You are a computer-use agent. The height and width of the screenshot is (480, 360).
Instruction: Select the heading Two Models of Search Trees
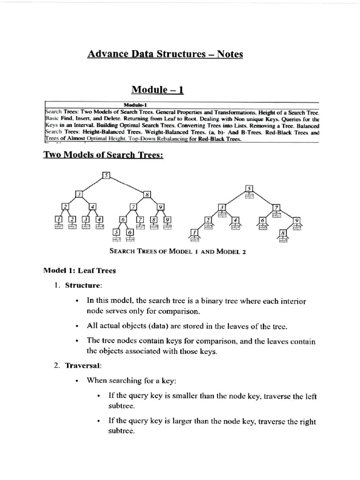pyautogui.click(x=104, y=155)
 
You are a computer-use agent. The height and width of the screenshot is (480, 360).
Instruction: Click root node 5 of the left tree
pyautogui.click(x=106, y=176)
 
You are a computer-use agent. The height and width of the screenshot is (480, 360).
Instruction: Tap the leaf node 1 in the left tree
pyautogui.click(x=59, y=219)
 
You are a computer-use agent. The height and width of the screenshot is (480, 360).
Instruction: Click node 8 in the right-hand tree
pyautogui.click(x=283, y=233)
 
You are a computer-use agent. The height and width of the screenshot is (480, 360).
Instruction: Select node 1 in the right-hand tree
pyautogui.click(x=194, y=233)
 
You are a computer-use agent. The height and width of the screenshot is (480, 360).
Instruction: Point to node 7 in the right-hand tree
pyautogui.click(x=277, y=207)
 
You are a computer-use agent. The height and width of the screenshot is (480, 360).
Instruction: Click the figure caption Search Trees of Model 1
pyautogui.click(x=177, y=251)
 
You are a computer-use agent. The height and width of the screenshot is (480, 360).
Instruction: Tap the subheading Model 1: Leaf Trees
pyautogui.click(x=79, y=270)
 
